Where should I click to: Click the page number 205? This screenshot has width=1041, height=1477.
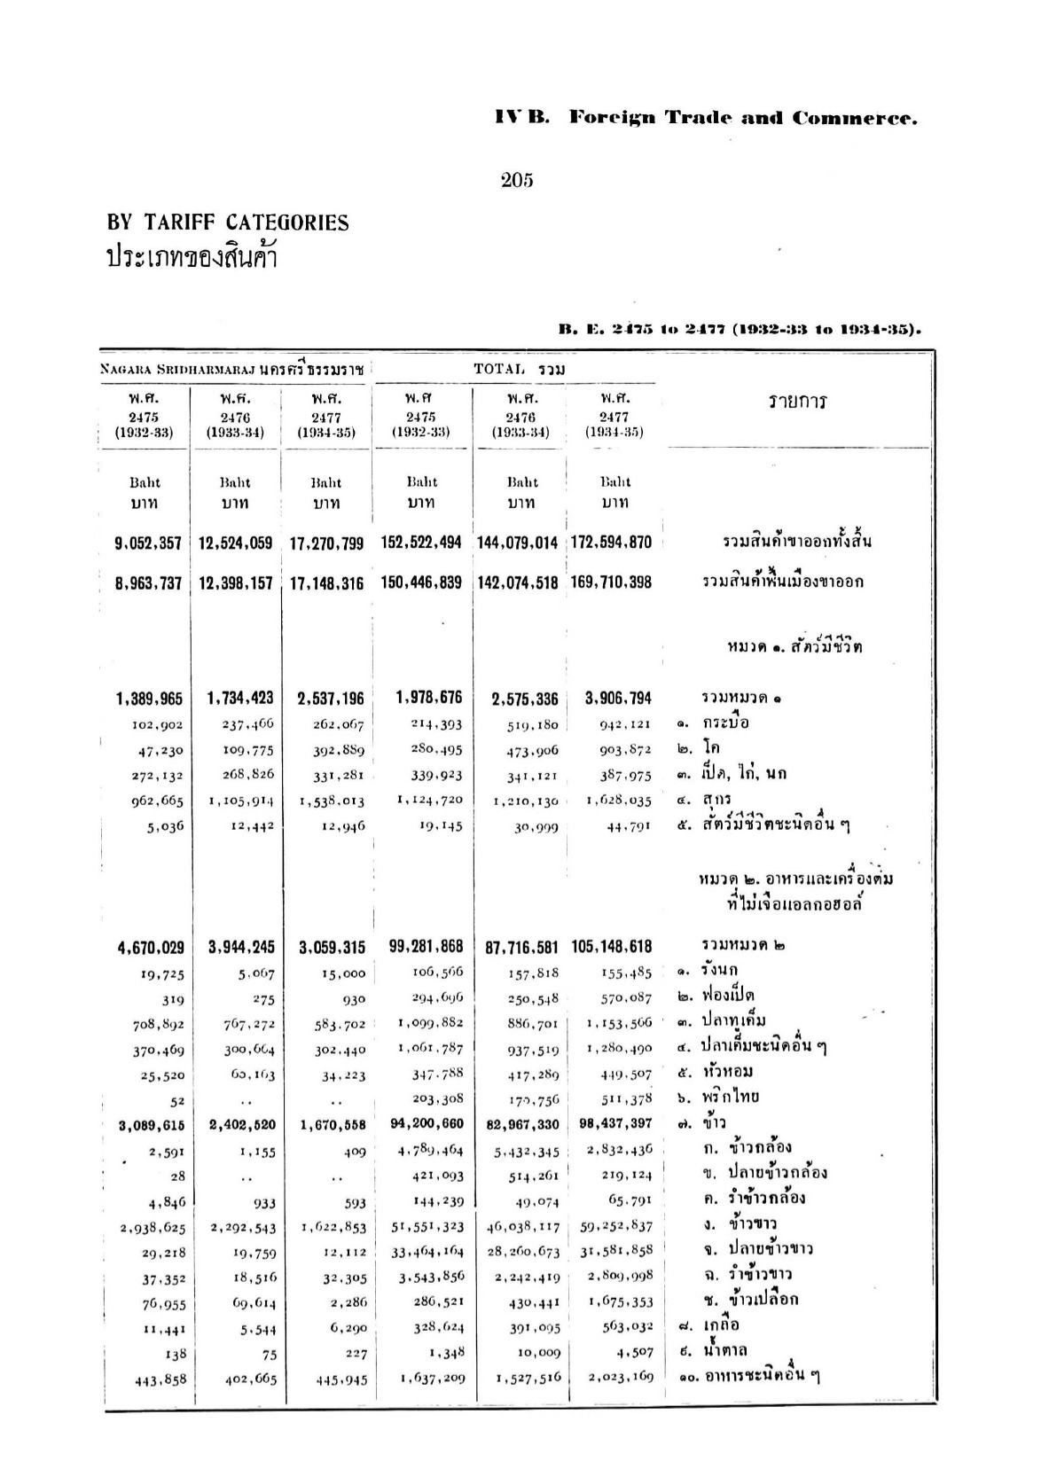click(517, 181)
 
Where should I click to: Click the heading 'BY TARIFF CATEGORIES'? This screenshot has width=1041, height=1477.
click(228, 223)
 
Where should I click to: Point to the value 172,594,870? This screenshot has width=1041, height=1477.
click(609, 542)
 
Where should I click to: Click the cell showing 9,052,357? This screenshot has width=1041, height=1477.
click(149, 543)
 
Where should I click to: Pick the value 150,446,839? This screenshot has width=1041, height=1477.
click(422, 582)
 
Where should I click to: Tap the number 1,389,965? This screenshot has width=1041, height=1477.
click(149, 699)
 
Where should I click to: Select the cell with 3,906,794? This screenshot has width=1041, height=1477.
click(618, 699)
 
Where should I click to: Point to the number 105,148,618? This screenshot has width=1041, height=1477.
click(612, 947)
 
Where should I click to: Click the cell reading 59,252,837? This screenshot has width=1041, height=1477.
click(621, 1227)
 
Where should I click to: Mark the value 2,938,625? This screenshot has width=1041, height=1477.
click(149, 1228)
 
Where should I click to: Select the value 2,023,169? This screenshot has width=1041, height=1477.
click(621, 1377)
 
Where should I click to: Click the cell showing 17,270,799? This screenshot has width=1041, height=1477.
click(326, 543)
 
